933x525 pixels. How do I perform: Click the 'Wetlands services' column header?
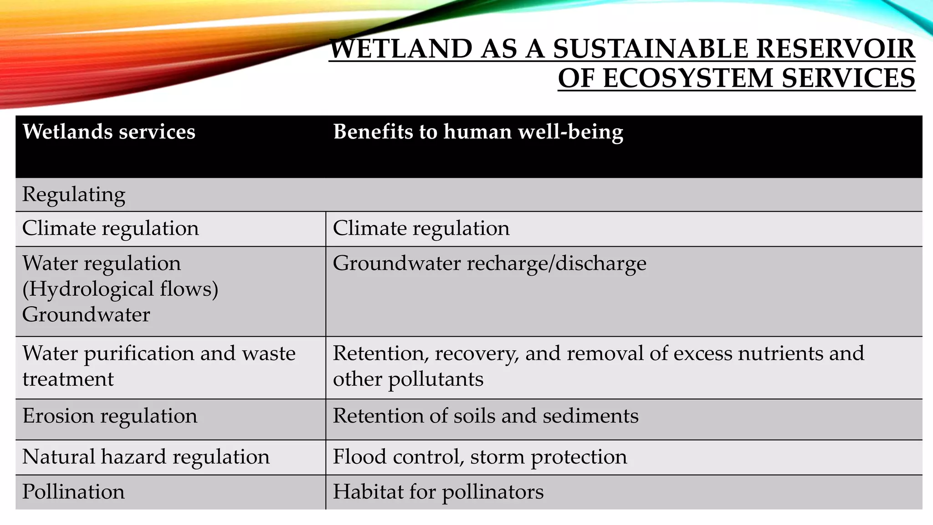click(109, 132)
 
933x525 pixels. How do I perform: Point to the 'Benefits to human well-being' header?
click(478, 132)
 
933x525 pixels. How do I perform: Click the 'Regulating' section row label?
click(74, 195)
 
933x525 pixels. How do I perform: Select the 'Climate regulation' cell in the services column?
click(111, 228)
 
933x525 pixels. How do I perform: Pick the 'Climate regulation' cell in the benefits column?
click(421, 228)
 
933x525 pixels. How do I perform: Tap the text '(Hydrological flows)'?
click(120, 289)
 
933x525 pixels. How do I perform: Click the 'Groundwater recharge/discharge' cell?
click(489, 263)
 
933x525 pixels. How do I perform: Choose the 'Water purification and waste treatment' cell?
click(159, 366)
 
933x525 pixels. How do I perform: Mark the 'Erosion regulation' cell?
click(110, 416)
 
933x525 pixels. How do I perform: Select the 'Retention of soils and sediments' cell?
click(486, 416)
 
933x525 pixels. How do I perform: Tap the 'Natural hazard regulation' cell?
click(146, 457)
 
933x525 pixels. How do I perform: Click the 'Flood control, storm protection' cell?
click(480, 457)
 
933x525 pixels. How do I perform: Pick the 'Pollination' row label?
click(73, 492)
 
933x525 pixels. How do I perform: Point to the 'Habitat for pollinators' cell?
click(438, 492)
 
